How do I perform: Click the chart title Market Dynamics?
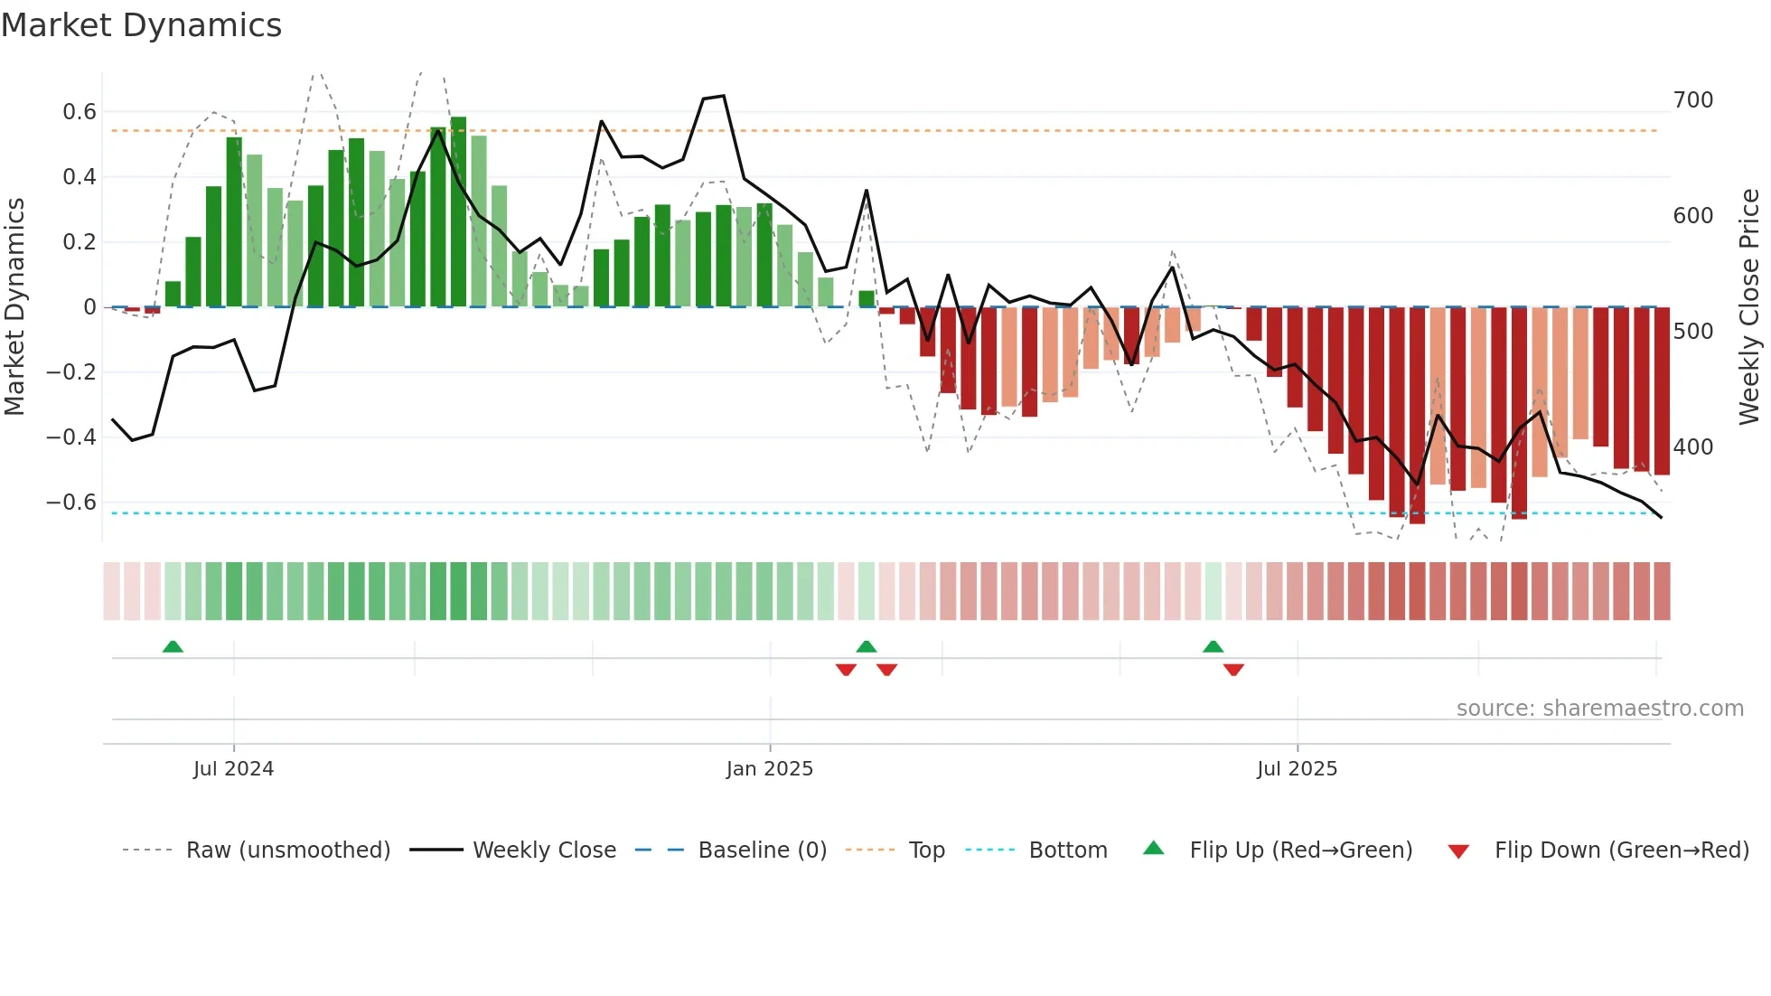[141, 25]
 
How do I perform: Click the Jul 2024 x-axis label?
[233, 769]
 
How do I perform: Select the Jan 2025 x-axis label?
[770, 769]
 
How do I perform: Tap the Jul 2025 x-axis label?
[1297, 769]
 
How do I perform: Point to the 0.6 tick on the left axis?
[80, 112]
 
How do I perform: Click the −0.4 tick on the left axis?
[71, 437]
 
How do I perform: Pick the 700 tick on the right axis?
[1692, 100]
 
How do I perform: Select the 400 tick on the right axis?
[1692, 447]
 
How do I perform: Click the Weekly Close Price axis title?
[1749, 307]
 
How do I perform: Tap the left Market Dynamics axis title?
[14, 307]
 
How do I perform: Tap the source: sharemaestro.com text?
[1599, 709]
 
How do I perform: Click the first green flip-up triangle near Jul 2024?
[173, 646]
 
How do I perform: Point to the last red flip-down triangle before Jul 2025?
[1233, 670]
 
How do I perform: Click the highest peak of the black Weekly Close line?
[723, 96]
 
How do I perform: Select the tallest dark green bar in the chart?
[458, 212]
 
